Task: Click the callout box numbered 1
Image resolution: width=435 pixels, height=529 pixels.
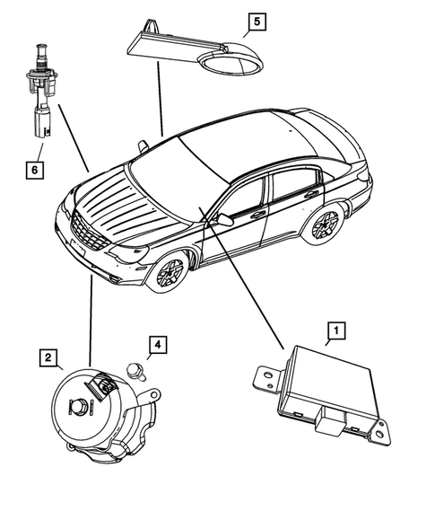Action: pyautogui.click(x=336, y=331)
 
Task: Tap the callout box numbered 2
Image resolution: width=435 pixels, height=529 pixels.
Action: pyautogui.click(x=48, y=357)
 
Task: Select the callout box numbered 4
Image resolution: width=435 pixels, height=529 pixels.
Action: pyautogui.click(x=158, y=345)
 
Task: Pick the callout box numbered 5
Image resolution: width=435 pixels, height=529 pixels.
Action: pyautogui.click(x=257, y=22)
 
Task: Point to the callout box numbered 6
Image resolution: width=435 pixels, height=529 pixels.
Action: pyautogui.click(x=35, y=170)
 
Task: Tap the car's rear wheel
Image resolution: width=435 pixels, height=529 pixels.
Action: pyautogui.click(x=324, y=223)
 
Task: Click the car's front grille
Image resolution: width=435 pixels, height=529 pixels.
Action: pyautogui.click(x=90, y=232)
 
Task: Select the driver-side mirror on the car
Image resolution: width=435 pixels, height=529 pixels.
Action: pyautogui.click(x=224, y=219)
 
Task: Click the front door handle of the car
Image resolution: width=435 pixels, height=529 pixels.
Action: pyautogui.click(x=257, y=215)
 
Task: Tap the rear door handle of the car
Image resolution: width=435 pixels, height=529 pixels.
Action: pyautogui.click(x=311, y=194)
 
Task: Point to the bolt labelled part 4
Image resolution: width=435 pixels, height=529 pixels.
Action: pyautogui.click(x=136, y=371)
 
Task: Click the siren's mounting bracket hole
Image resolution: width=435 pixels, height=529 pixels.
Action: pyautogui.click(x=154, y=394)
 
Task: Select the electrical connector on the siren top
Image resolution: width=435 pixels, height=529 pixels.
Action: pyautogui.click(x=103, y=385)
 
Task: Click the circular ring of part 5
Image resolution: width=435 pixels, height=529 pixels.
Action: pyautogui.click(x=231, y=63)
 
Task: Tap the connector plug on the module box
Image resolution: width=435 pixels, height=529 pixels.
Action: pyautogui.click(x=329, y=419)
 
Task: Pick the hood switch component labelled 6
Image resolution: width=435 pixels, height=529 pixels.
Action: pyautogui.click(x=41, y=91)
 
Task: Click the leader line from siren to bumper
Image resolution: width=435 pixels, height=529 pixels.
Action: pyautogui.click(x=91, y=321)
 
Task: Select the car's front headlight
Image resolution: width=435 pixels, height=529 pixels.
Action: pyautogui.click(x=130, y=253)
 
